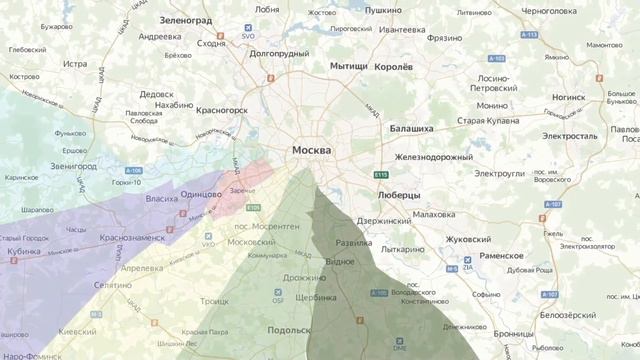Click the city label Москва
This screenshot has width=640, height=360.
click(x=312, y=151)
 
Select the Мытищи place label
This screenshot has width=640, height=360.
click(x=349, y=66)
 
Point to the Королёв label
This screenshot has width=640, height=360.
click(x=393, y=67)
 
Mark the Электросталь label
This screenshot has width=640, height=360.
click(x=569, y=135)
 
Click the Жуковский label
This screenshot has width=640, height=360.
click(x=467, y=240)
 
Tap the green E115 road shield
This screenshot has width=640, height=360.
click(x=380, y=175)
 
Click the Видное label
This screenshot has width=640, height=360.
click(x=340, y=262)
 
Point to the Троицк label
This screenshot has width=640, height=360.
click(x=214, y=300)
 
